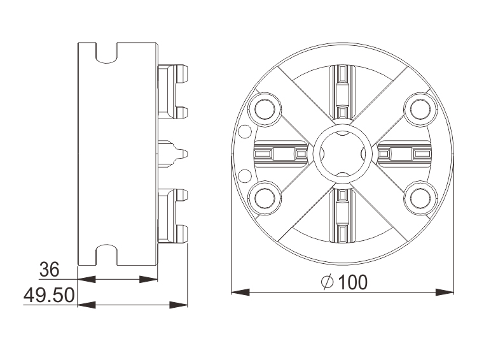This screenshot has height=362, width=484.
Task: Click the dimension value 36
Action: click(x=49, y=270)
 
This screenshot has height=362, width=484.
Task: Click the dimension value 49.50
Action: click(x=49, y=296)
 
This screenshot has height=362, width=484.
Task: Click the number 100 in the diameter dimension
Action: click(x=352, y=282)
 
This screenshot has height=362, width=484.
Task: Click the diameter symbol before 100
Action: click(x=328, y=282)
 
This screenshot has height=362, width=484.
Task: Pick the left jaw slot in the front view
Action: click(x=280, y=154)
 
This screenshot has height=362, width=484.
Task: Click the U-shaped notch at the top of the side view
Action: click(x=107, y=52)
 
